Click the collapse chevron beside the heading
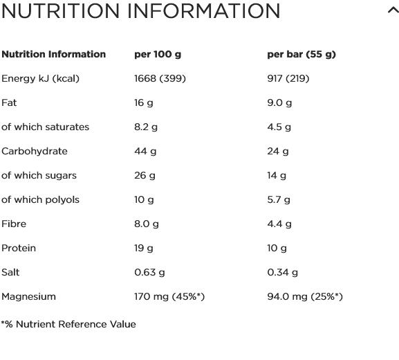[393, 11]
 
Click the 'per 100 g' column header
[158, 55]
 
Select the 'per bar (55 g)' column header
[301, 55]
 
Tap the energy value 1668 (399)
[160, 78]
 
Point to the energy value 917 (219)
[288, 78]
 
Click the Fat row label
[9, 102]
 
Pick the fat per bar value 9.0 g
[279, 103]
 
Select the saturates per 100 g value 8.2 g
[146, 127]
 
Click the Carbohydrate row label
[35, 151]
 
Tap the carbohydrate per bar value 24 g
[278, 152]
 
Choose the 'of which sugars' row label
[39, 175]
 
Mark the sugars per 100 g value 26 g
[145, 176]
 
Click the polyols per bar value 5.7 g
[279, 200]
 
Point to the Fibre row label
[14, 224]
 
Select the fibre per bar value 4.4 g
[279, 224]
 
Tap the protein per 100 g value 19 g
[144, 248]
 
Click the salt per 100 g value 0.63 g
[149, 272]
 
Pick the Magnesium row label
[28, 296]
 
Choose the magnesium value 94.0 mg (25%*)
[305, 296]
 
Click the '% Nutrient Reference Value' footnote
[68, 324]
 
